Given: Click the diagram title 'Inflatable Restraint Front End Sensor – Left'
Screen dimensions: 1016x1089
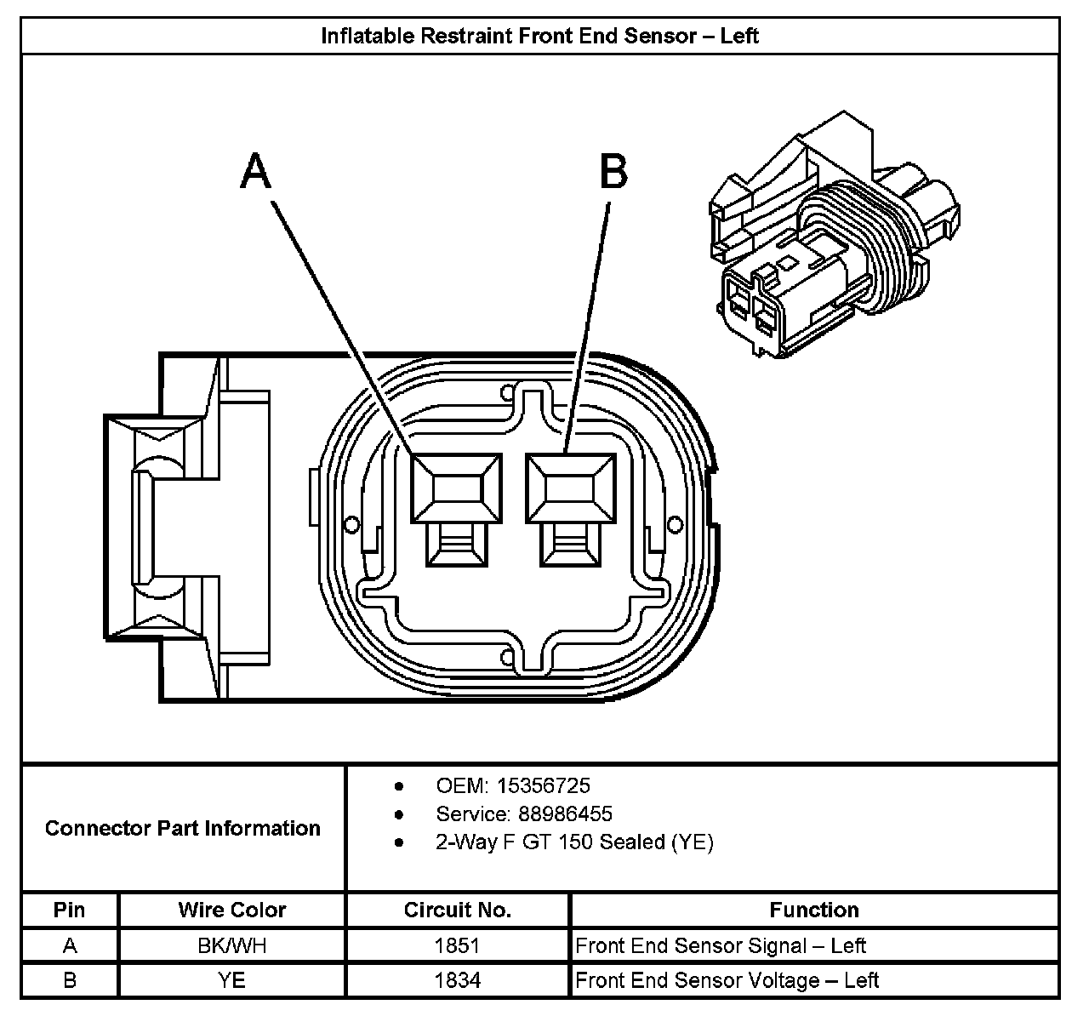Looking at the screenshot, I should pos(539,36).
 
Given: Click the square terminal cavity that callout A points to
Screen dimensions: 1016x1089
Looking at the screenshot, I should pos(456,488).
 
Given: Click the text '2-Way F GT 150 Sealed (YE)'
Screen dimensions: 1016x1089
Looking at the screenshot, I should pos(574,842).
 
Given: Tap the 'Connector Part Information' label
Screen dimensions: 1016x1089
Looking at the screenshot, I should pos(183,828).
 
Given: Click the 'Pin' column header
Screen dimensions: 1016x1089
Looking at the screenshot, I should pos(70,910).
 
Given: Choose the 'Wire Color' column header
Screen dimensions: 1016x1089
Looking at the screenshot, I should pos(232,910).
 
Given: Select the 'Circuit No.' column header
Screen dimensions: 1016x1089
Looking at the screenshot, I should pos(458,910).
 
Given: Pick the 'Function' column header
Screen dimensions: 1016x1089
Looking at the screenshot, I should pos(814,910).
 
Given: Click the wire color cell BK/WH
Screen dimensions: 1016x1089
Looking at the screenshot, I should pos(232,945).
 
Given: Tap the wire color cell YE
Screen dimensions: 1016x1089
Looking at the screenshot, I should pos(232,980).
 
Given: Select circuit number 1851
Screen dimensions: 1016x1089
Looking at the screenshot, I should pos(458,945).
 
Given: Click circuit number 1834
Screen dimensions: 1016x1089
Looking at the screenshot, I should pos(458,980).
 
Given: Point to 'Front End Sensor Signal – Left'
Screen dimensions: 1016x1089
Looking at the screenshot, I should pos(721,945).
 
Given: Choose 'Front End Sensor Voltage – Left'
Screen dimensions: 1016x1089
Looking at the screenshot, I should pos(727,980).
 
